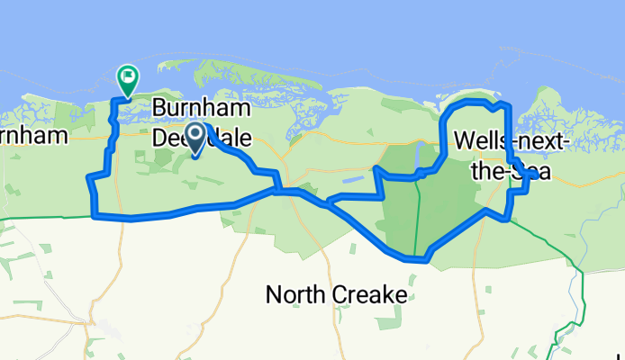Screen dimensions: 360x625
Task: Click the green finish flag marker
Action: [x=128, y=77]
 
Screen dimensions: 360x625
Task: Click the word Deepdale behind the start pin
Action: [x=201, y=137]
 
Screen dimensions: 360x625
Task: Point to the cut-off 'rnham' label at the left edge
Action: [x=34, y=137]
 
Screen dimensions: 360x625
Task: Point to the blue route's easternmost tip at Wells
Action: [x=536, y=176]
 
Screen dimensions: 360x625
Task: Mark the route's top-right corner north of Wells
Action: [x=509, y=106]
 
